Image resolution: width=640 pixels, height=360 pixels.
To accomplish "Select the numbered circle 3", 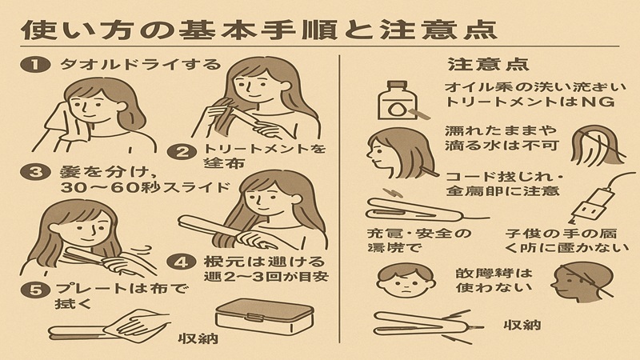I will (32, 171).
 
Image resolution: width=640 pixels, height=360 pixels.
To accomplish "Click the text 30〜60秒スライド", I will (122, 188).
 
